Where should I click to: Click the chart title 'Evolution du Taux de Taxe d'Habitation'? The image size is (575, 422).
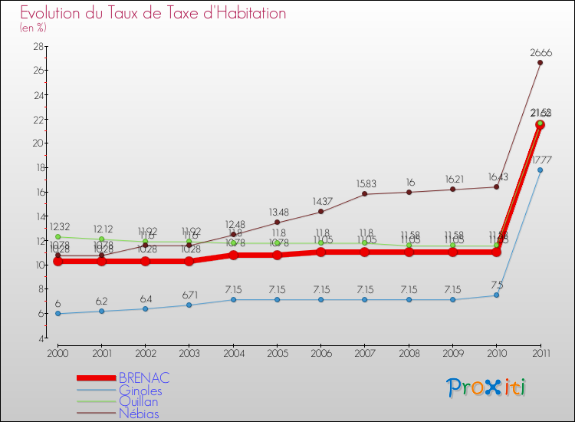[153, 14]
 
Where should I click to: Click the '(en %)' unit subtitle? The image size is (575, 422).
[33, 28]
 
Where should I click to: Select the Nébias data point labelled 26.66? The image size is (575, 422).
[540, 63]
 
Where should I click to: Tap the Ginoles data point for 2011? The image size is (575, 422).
[540, 170]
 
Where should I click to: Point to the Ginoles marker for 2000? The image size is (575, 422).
[58, 313]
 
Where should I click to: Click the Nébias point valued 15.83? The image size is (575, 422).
[364, 193]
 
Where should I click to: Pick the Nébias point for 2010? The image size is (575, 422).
[496, 186]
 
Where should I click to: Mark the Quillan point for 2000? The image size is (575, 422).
[58, 236]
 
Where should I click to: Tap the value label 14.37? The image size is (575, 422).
[320, 201]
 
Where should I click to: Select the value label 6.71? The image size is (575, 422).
[189, 295]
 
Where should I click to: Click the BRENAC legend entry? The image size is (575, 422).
[144, 378]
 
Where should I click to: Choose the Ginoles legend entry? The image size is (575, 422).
[140, 391]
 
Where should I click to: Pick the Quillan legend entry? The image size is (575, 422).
[139, 402]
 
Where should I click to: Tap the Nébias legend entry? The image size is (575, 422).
[139, 414]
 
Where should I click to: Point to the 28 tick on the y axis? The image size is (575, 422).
[37, 46]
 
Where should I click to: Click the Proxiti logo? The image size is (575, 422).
[487, 388]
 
